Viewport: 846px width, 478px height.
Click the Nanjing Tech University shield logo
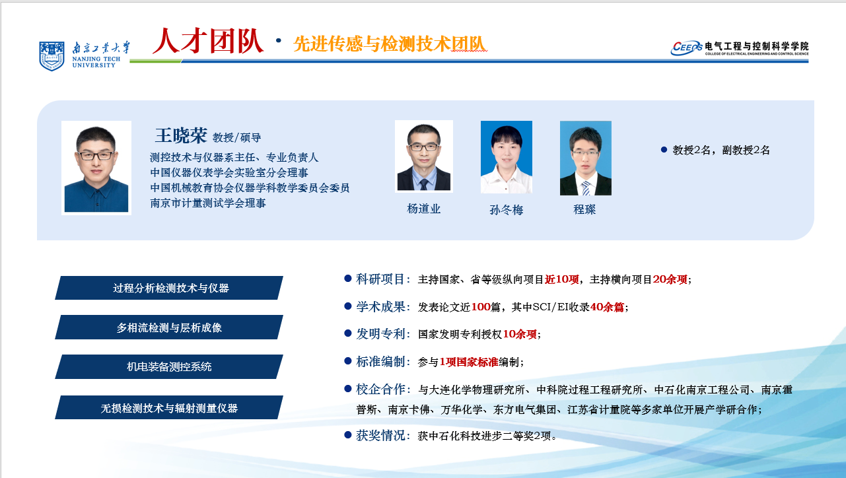pyautogui.click(x=52, y=56)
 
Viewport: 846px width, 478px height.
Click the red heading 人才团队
pyautogui.click(x=208, y=41)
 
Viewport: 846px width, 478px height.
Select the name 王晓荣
pyautogui.click(x=181, y=135)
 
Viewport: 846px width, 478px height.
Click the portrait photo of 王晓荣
pyautogui.click(x=96, y=168)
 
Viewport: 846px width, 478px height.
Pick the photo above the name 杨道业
pyautogui.click(x=424, y=156)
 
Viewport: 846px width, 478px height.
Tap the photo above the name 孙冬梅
pyautogui.click(x=507, y=157)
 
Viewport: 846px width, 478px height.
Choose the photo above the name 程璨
pyautogui.click(x=586, y=158)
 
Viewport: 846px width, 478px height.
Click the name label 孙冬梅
pyautogui.click(x=507, y=209)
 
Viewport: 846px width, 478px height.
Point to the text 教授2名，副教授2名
pyautogui.click(x=721, y=151)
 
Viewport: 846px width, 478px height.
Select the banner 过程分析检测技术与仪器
pyautogui.click(x=169, y=288)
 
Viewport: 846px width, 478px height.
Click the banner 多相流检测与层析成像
pyautogui.click(x=169, y=327)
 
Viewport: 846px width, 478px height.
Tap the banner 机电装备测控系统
pyautogui.click(x=169, y=366)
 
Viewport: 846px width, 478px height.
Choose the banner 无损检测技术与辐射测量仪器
pyautogui.click(x=169, y=407)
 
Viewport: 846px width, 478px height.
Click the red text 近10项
pyautogui.click(x=561, y=279)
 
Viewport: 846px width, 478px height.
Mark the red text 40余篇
pyautogui.click(x=607, y=307)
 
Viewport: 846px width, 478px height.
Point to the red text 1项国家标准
pyautogui.click(x=469, y=362)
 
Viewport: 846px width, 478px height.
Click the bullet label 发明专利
pyautogui.click(x=380, y=334)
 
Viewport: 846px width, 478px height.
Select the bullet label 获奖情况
pyautogui.click(x=380, y=436)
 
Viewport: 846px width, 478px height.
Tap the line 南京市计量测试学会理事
pyautogui.click(x=208, y=203)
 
